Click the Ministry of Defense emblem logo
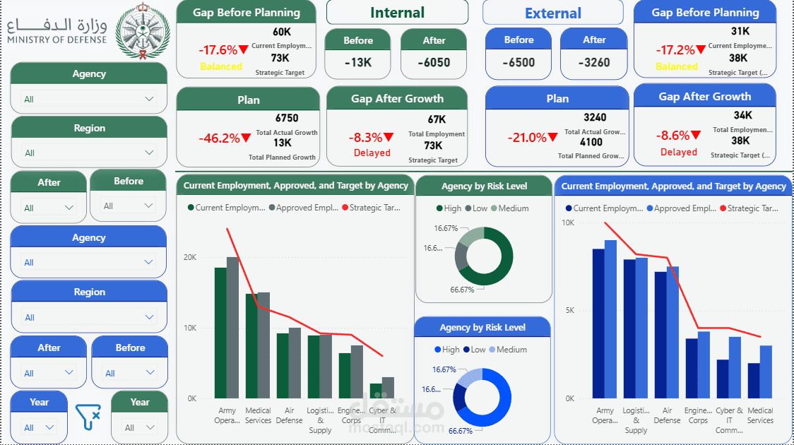point(143,33)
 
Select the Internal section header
point(397,13)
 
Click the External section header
point(553,13)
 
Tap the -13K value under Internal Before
point(358,62)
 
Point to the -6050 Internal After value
point(434,62)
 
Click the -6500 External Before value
point(519,62)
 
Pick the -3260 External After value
point(593,62)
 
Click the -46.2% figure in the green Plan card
point(219,138)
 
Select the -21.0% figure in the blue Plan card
point(526,138)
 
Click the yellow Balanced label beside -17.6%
point(221,66)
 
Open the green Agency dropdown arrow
point(149,99)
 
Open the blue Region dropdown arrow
point(148,317)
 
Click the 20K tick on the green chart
point(189,257)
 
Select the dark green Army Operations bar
point(220,332)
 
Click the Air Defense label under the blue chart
point(667,415)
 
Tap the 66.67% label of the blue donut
point(461,431)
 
